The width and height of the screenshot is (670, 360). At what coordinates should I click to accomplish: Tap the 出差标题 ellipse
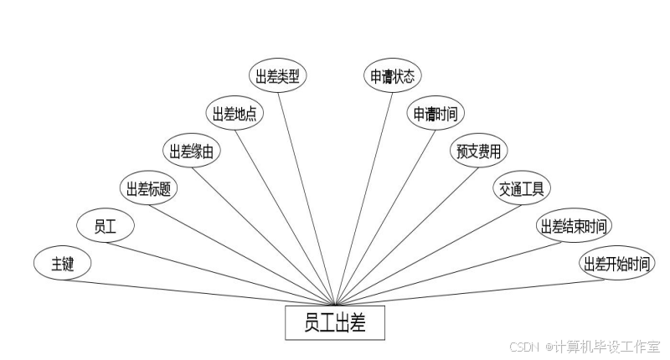pyautogui.click(x=148, y=189)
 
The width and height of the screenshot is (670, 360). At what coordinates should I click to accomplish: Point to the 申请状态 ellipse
pyautogui.click(x=393, y=76)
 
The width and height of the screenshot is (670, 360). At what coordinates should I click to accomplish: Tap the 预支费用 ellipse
pyautogui.click(x=478, y=152)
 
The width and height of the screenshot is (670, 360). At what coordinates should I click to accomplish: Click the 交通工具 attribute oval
pyautogui.click(x=521, y=189)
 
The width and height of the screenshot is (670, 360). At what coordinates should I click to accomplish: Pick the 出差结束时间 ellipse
pyautogui.click(x=574, y=226)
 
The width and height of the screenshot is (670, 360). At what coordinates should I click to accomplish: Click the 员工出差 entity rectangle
pyautogui.click(x=336, y=322)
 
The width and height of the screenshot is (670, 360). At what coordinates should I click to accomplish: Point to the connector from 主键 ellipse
pyautogui.click(x=201, y=292)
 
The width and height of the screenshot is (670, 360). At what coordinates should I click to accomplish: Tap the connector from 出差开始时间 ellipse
pyautogui.click(x=469, y=292)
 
